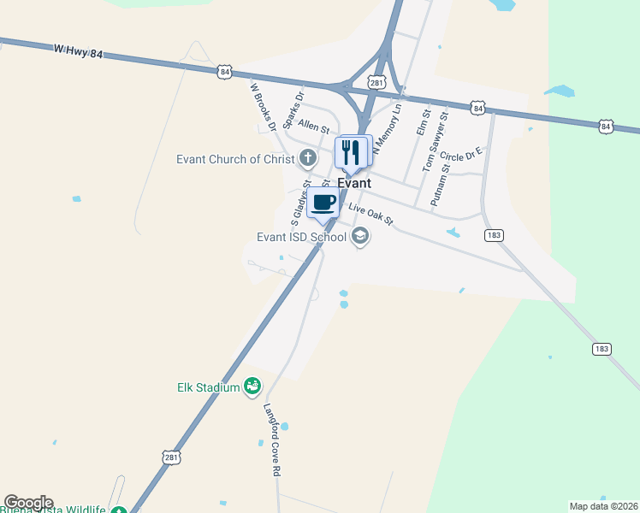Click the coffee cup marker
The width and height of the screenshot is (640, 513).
pyautogui.click(x=323, y=203)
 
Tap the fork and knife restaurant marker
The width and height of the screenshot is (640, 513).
pyautogui.click(x=351, y=153)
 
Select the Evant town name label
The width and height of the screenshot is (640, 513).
pyautogui.click(x=354, y=183)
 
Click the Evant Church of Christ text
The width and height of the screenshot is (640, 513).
pyautogui.click(x=235, y=159)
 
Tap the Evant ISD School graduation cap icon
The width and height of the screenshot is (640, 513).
pyautogui.click(x=360, y=237)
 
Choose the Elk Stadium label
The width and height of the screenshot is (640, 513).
pyautogui.click(x=208, y=387)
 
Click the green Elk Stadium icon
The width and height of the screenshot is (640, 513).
pyautogui.click(x=252, y=387)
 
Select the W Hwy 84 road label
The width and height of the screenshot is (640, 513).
pyautogui.click(x=78, y=52)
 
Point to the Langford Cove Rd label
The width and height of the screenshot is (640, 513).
pyautogui.click(x=273, y=439)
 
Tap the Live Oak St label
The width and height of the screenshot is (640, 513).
pyautogui.click(x=370, y=214)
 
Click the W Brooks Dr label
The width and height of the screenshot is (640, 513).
pyautogui.click(x=262, y=105)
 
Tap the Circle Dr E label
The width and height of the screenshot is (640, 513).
pyautogui.click(x=462, y=155)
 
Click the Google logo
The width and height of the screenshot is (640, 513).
pyautogui.click(x=28, y=503)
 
